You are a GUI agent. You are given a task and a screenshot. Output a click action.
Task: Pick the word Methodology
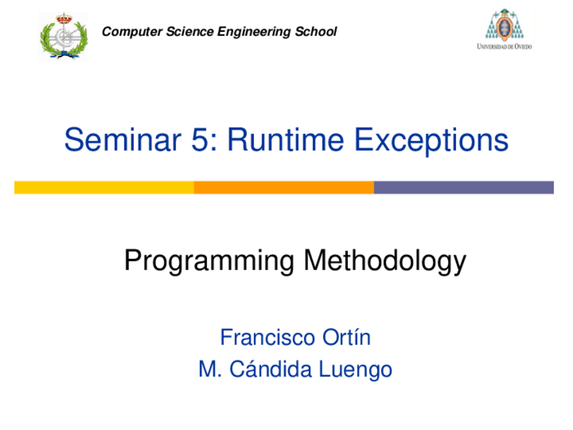click(384, 262)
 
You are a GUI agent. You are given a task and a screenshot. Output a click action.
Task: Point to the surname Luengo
click(360, 370)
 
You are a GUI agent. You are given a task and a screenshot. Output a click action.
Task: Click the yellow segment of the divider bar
click(104, 187)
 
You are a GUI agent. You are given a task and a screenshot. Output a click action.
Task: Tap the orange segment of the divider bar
click(284, 187)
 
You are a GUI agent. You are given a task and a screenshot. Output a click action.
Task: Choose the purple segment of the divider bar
click(464, 187)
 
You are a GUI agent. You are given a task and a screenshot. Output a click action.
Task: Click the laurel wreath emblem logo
click(64, 37)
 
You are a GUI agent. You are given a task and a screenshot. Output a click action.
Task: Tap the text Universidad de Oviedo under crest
click(504, 46)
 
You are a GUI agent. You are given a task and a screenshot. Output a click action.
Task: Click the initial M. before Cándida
click(207, 370)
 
